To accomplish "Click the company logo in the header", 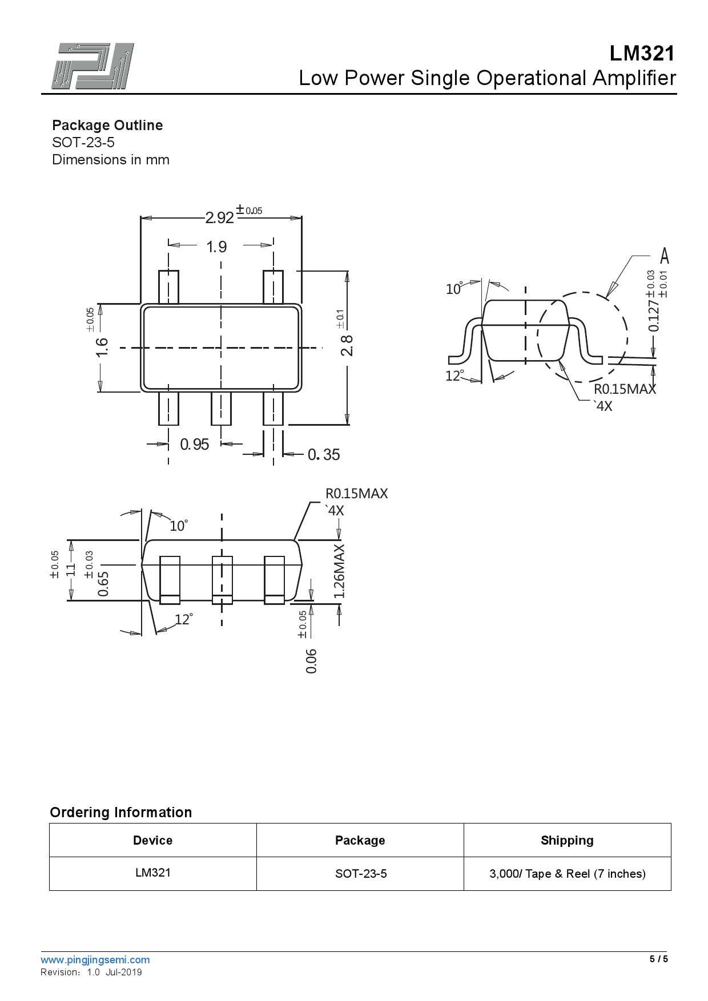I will coord(93,66).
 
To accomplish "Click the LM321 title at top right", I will coord(642,54).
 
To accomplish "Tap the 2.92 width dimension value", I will coord(220,218).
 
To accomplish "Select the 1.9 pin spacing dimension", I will coord(216,247).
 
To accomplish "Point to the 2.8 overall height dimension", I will coord(347,346).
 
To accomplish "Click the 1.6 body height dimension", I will coord(102,347).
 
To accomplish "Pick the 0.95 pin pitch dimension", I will coord(194,445).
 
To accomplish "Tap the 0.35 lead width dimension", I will coord(324,455).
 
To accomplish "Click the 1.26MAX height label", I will coord(339,571).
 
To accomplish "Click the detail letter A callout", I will coord(664,256).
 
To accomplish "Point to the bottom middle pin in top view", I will coord(221,408).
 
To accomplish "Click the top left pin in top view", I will coord(168,287).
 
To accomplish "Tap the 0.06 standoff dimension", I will coord(311,661).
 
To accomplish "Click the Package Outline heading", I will coord(107,126).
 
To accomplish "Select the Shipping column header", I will coord(567,841).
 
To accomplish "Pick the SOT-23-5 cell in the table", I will coord(360,874).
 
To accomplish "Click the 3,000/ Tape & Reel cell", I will coord(567,874).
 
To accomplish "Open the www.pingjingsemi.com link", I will coord(95,960).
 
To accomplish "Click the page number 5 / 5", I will coord(658,959).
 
